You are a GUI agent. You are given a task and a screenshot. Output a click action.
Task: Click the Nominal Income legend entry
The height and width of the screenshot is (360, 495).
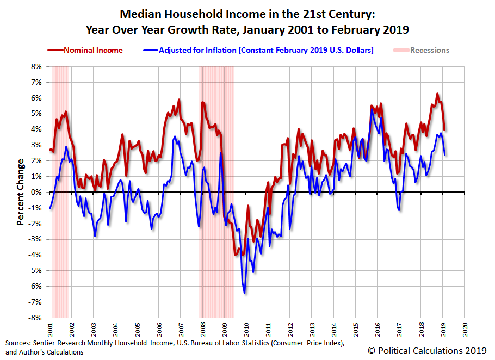85,50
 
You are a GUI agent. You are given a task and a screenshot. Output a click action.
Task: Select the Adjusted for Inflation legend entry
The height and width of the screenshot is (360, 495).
258,50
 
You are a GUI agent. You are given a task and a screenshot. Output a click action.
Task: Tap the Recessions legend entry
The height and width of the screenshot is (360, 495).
421,50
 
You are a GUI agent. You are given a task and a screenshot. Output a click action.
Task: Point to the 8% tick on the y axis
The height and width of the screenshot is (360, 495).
36,66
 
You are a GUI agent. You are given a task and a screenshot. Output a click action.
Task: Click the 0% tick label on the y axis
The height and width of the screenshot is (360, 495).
36,192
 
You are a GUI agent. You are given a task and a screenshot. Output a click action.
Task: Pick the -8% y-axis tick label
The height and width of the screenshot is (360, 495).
35,318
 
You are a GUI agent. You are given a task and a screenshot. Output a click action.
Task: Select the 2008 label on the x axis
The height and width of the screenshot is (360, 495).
203,330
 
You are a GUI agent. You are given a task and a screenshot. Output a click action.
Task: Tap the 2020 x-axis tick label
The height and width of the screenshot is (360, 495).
465,330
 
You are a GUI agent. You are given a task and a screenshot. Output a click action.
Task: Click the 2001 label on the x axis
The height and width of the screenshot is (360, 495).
50,330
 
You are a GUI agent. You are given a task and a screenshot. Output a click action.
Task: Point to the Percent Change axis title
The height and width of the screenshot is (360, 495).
20,192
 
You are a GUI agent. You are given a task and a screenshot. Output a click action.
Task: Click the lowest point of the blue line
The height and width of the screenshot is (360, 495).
245,294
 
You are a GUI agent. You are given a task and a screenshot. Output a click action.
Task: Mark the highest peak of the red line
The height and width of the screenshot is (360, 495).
437,94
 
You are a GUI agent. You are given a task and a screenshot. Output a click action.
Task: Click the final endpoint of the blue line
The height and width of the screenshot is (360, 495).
445,154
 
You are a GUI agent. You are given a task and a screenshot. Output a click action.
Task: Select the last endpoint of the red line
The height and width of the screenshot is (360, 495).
444,130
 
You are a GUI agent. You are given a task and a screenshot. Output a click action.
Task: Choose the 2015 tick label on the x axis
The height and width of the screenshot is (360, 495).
355,330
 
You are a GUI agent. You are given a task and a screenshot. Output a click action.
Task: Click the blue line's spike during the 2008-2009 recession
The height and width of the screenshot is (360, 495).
221,153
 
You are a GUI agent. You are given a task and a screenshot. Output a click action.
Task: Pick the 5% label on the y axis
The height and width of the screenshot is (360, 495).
36,114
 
